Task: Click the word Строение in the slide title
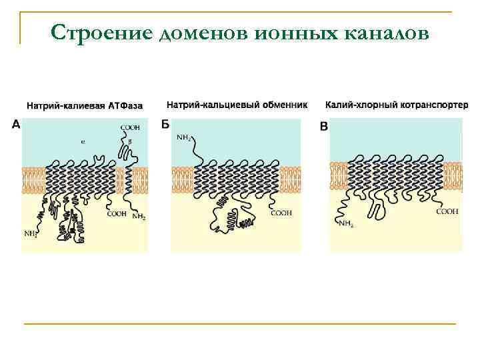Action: [x=103, y=32]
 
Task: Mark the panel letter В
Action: [x=324, y=126]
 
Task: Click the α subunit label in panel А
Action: [x=83, y=141]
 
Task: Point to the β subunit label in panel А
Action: [x=129, y=142]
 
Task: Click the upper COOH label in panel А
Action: [x=130, y=127]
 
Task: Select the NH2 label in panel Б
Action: [x=184, y=139]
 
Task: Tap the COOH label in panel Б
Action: [x=281, y=213]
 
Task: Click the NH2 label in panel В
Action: [x=345, y=223]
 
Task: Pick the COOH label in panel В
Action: [x=447, y=211]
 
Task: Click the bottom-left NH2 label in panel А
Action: [x=31, y=234]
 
